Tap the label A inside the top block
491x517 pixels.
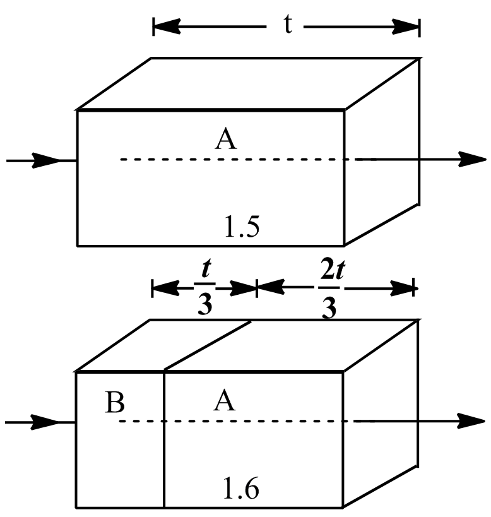pos(225,139)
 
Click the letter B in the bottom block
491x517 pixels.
pos(114,402)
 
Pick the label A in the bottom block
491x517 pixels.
pos(224,401)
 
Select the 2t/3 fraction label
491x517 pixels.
pos(328,291)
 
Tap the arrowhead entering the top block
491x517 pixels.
pos(47,160)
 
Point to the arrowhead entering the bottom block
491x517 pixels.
pos(47,421)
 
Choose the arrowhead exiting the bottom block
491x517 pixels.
pos(470,420)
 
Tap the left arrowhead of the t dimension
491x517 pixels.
pos(165,27)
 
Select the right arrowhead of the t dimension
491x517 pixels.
pos(408,27)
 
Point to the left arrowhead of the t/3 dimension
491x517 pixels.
pos(163,288)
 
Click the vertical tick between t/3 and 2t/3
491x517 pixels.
pos(256,288)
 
